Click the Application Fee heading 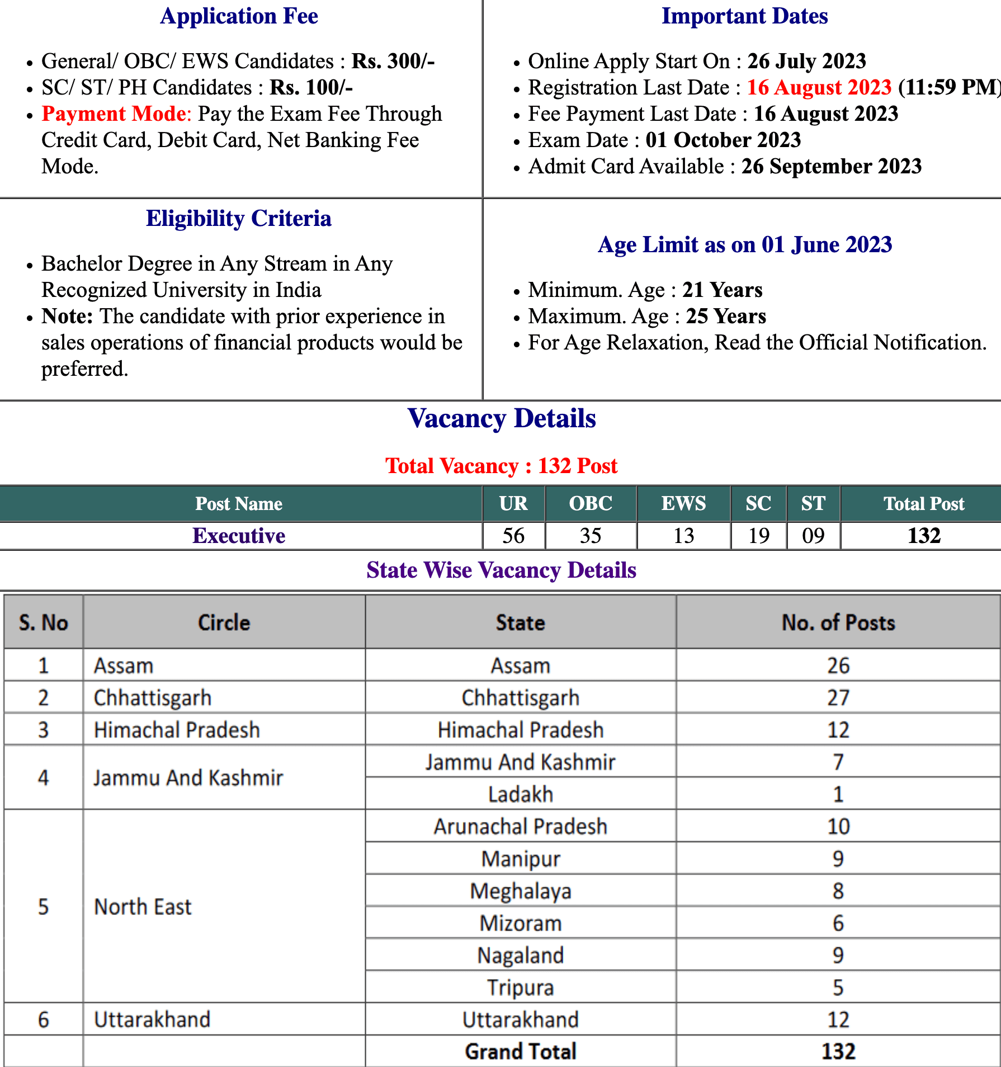click(x=239, y=16)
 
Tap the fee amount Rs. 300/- click(x=393, y=61)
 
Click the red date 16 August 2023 click(x=819, y=87)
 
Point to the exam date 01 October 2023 click(x=723, y=140)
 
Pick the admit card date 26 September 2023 click(x=831, y=166)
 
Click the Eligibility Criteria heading click(x=239, y=218)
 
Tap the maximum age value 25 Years click(x=726, y=316)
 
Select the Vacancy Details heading click(x=502, y=418)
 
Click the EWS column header click(x=683, y=503)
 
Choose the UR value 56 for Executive click(x=513, y=536)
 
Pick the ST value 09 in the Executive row click(x=813, y=536)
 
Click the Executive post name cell click(x=239, y=536)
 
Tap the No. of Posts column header click(x=838, y=622)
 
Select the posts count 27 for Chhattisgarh click(x=838, y=697)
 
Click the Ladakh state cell click(x=520, y=794)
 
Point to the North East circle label click(x=143, y=907)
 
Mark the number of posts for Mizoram click(x=838, y=923)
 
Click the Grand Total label click(x=520, y=1051)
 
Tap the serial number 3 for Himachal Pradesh click(x=44, y=730)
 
